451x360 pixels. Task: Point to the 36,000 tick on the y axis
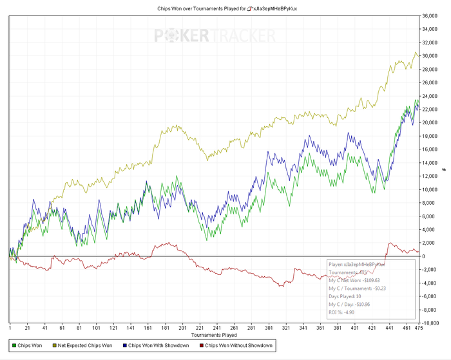click(x=429, y=16)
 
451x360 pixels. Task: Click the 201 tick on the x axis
click(x=182, y=327)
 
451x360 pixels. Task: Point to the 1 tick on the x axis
click(x=10, y=327)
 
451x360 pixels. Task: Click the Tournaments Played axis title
click(x=214, y=335)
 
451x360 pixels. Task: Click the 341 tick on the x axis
click(x=303, y=327)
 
